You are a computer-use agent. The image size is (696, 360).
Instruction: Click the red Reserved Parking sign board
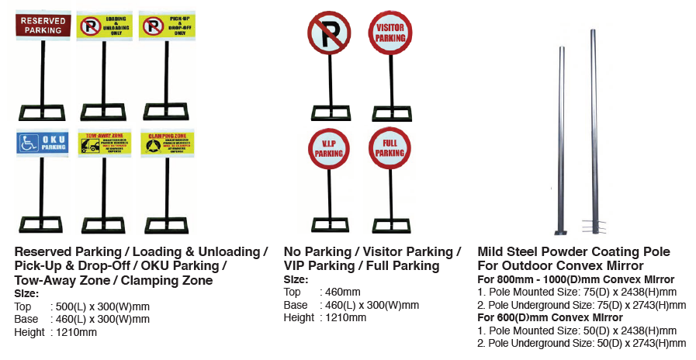(x=43, y=25)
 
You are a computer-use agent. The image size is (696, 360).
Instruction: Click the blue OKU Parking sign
(x=43, y=142)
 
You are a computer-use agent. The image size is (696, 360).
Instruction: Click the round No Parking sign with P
(x=329, y=33)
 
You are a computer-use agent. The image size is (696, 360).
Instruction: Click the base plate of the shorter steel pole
(x=560, y=231)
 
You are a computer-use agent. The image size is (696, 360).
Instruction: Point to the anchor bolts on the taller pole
(x=596, y=227)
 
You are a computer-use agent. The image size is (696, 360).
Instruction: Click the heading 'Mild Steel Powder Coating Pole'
(x=573, y=252)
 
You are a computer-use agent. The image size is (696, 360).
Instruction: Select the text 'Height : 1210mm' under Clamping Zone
(x=55, y=332)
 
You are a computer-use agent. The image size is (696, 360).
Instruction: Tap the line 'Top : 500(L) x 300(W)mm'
(x=81, y=306)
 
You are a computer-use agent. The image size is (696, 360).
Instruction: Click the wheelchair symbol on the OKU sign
(x=28, y=143)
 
